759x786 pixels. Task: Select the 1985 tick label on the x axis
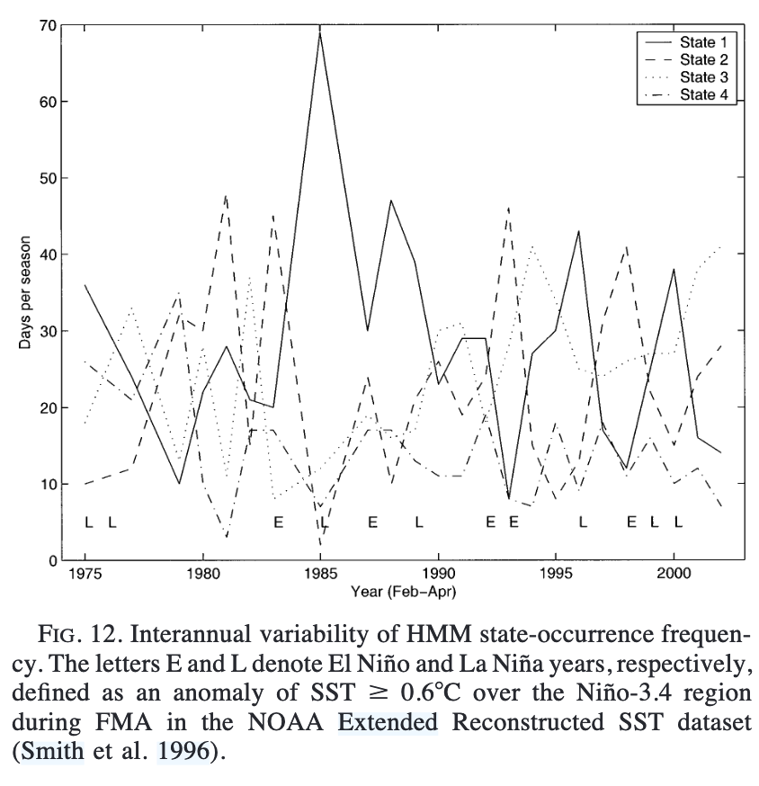point(319,577)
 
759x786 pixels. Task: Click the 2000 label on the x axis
point(674,577)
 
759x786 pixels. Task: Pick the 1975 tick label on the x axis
point(85,577)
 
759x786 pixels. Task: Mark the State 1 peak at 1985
point(320,31)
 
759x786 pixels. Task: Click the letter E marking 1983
point(278,523)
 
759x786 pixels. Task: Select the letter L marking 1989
point(418,523)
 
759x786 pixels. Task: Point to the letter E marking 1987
point(371,523)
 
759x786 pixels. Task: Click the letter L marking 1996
point(583,523)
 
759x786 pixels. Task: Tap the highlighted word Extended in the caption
point(388,721)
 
